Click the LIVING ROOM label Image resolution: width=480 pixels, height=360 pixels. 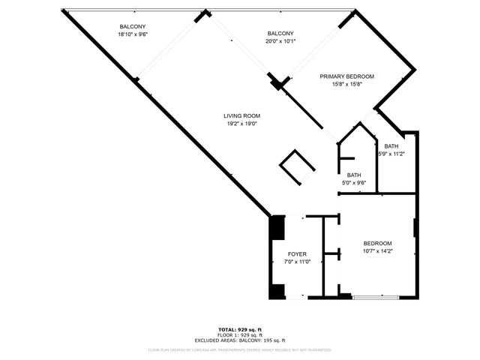242,115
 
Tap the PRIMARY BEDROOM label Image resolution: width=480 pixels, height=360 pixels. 346,76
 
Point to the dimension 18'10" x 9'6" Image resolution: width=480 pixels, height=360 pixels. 133,34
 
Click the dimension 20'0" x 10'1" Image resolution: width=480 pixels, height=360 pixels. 280,41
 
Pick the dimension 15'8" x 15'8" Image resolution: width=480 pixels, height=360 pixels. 346,84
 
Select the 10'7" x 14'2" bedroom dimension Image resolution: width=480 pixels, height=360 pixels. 377,250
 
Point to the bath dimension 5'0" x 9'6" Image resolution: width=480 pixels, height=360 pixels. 354,182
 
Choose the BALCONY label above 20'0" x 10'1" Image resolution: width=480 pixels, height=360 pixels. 280,34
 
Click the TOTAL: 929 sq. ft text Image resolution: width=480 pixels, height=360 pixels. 239,330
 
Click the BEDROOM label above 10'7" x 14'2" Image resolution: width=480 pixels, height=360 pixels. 377,243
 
